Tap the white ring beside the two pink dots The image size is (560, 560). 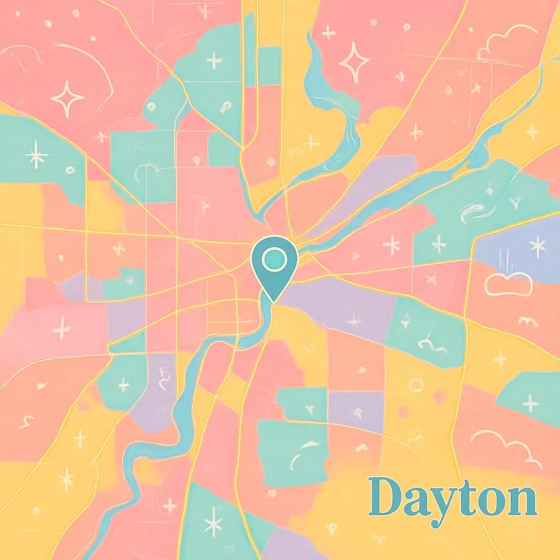(416, 385)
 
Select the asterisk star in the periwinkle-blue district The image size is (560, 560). (538, 246)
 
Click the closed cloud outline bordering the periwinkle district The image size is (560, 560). (508, 285)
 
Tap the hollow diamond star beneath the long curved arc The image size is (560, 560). (67, 98)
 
